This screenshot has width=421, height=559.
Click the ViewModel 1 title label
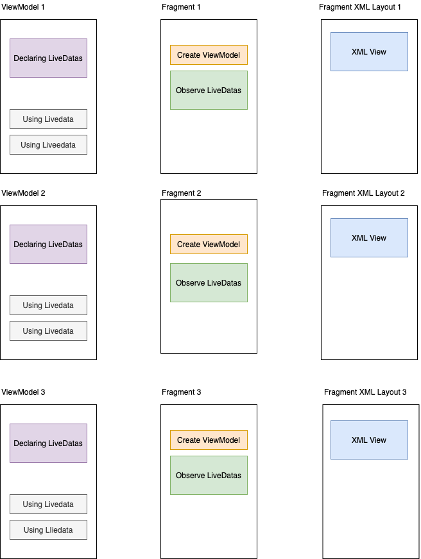click(x=23, y=6)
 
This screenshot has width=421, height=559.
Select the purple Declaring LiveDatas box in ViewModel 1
click(x=48, y=58)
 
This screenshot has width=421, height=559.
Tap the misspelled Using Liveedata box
click(x=48, y=145)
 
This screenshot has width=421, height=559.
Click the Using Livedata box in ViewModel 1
click(x=48, y=119)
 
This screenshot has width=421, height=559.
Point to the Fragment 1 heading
click(x=181, y=6)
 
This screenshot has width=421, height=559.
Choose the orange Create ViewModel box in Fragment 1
click(x=209, y=55)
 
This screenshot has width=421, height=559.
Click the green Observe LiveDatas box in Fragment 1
click(x=209, y=90)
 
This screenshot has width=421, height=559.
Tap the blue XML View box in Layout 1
click(x=369, y=52)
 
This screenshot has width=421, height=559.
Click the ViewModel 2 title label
click(x=23, y=193)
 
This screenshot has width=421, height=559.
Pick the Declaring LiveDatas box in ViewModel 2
click(x=48, y=245)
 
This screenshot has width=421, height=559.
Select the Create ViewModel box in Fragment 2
click(x=209, y=245)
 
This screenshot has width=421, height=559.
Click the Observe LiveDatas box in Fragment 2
click(x=209, y=283)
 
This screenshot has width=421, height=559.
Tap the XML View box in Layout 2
click(x=369, y=238)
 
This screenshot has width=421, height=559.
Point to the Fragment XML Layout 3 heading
click(x=365, y=391)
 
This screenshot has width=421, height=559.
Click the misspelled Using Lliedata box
click(x=48, y=530)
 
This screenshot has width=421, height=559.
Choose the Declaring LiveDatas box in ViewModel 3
click(x=48, y=443)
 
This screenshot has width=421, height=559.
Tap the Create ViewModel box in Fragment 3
click(x=209, y=440)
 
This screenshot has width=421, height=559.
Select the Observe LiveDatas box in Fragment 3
click(x=209, y=476)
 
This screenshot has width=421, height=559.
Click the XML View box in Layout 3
click(x=369, y=440)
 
